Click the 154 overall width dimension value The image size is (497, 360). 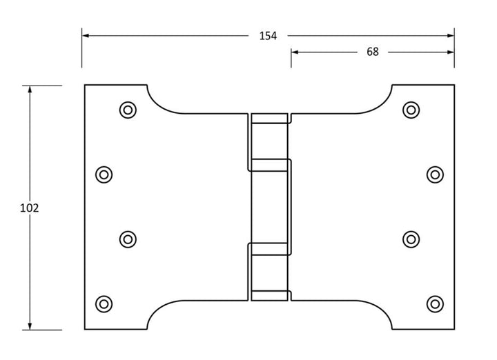coord(268,36)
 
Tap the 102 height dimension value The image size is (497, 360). coord(29,208)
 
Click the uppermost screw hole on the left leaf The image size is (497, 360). coord(127,109)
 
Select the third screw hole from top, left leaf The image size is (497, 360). coord(127,239)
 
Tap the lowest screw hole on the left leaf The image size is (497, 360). coord(104,303)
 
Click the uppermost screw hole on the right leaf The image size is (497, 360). coord(411,109)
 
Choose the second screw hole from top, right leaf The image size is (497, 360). coord(434,174)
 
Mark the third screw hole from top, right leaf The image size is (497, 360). coord(411,239)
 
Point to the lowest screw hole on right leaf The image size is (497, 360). coord(434,303)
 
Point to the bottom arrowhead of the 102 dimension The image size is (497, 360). coord(29,325)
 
